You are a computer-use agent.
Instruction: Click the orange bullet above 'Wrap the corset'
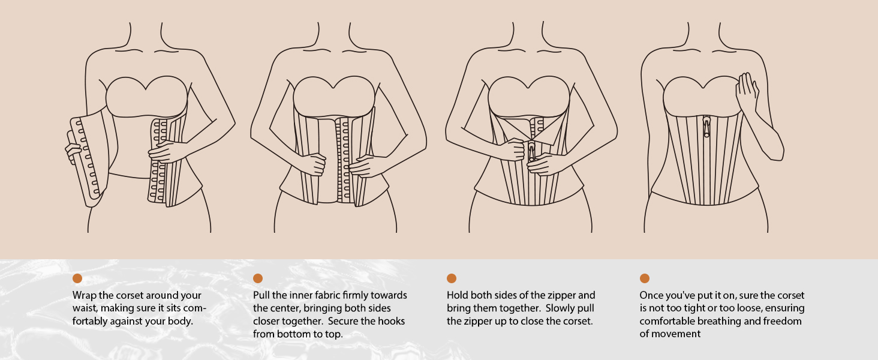pos(77,278)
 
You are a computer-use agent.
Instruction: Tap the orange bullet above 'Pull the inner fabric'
pos(258,278)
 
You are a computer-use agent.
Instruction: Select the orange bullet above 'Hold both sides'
pos(452,278)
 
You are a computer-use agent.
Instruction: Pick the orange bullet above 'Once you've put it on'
pos(644,278)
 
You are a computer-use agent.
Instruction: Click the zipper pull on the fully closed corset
pos(706,127)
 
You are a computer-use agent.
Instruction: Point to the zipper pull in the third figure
pos(531,151)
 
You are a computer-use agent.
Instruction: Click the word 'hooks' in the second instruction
pos(390,321)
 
